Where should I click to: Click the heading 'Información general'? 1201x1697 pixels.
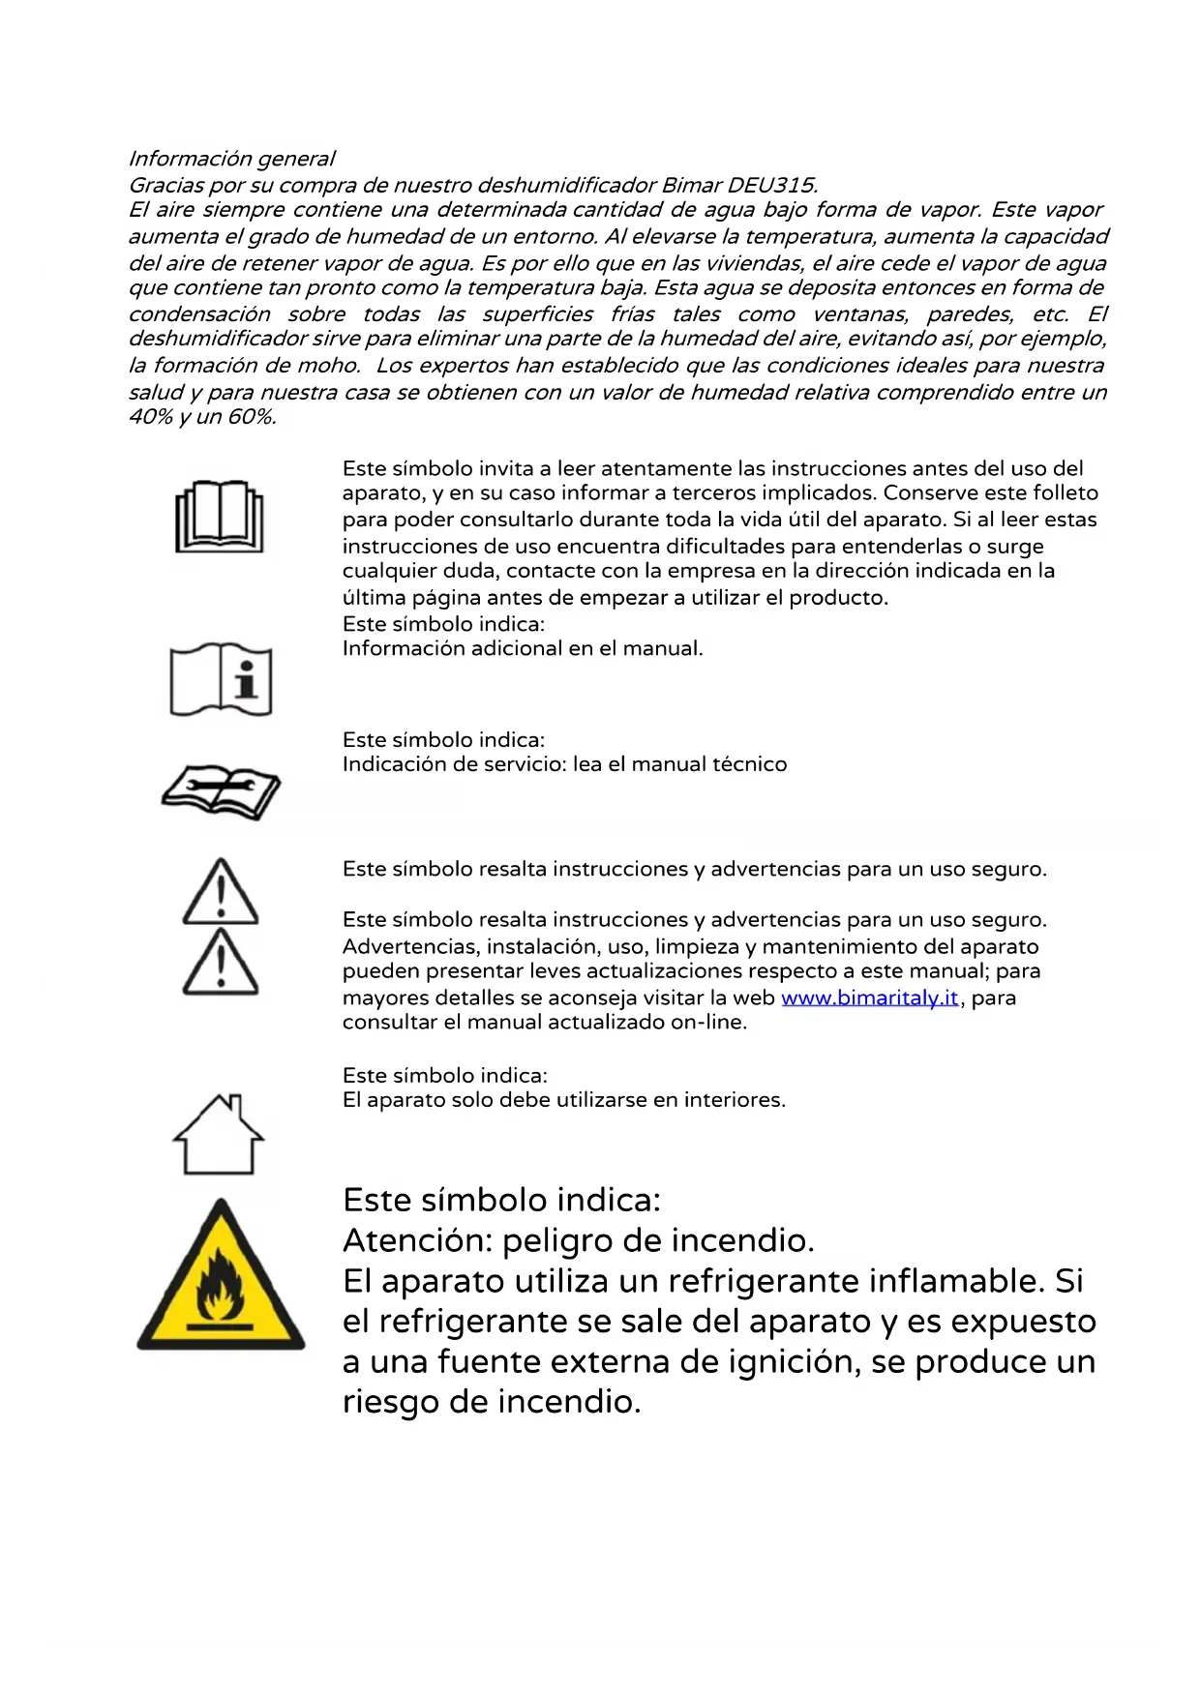pos(231,159)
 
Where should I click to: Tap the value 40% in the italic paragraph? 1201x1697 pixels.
pos(150,417)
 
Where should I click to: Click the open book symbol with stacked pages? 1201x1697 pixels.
pos(220,517)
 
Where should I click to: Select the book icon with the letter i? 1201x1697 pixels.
pos(221,679)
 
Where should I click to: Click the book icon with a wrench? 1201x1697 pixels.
pos(221,790)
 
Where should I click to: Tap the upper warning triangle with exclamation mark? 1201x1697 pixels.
pos(221,892)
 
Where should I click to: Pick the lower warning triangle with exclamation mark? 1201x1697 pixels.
pos(221,963)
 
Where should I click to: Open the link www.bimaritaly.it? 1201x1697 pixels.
pos(869,997)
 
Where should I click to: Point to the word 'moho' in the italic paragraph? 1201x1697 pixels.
pos(333,366)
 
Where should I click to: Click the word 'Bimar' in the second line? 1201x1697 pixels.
pos(691,185)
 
